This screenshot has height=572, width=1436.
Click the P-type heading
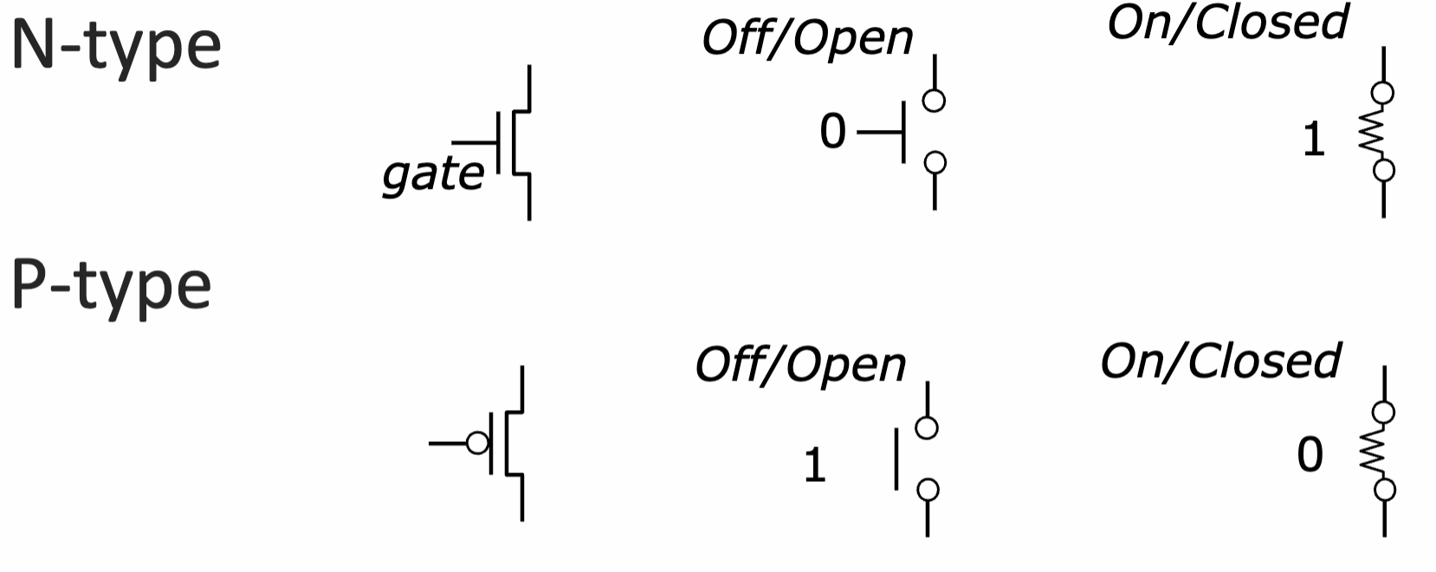tap(112, 288)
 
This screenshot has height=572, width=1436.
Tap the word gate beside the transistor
tap(433, 175)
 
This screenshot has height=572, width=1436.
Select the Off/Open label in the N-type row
tap(808, 39)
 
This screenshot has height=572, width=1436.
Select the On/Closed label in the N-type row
tap(1228, 23)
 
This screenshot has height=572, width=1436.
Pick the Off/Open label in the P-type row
tap(800, 366)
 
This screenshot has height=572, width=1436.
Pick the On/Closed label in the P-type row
tap(1221, 361)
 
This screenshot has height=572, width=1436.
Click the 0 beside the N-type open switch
tap(832, 132)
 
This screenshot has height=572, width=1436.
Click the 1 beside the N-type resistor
tap(1314, 140)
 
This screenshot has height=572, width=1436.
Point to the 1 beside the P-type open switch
tap(815, 465)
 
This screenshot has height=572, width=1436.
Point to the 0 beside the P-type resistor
tap(1310, 455)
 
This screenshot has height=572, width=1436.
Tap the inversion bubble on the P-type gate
tap(477, 443)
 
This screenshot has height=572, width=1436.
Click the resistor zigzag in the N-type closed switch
tap(1373, 132)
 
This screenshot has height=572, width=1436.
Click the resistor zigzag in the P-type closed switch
tap(1373, 451)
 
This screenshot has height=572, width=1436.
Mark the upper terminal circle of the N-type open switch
tap(934, 101)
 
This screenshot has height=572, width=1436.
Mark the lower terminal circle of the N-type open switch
tap(935, 163)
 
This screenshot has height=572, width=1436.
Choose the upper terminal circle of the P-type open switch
tap(927, 428)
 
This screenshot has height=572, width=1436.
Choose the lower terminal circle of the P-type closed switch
tap(1385, 490)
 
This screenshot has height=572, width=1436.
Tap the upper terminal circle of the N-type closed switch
tap(1383, 93)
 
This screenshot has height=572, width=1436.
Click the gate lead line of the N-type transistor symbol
tap(475, 142)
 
